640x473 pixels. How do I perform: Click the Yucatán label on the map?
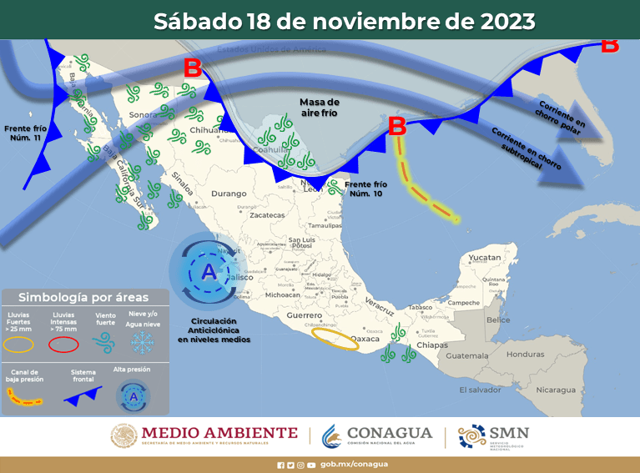(484, 258)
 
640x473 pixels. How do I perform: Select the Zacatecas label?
(267, 214)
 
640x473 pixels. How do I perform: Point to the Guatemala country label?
(466, 356)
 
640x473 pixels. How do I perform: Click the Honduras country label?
(525, 354)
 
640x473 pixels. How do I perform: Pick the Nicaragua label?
(556, 390)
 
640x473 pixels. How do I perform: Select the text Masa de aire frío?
(320, 107)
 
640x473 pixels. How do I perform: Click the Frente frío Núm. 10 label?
(366, 189)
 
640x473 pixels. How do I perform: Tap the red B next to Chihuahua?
(193, 68)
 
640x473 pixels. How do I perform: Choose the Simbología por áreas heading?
(83, 296)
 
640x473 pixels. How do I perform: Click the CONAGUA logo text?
(389, 433)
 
